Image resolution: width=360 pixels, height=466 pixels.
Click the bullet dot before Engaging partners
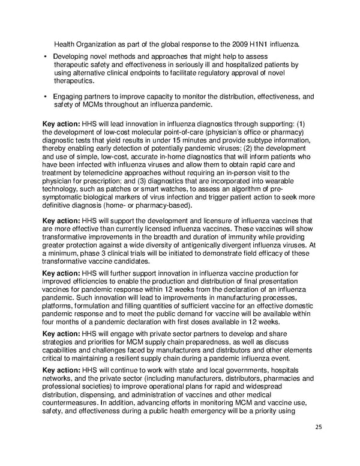coord(46,96)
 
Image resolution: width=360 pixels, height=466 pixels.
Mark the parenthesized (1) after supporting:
coord(300,124)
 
